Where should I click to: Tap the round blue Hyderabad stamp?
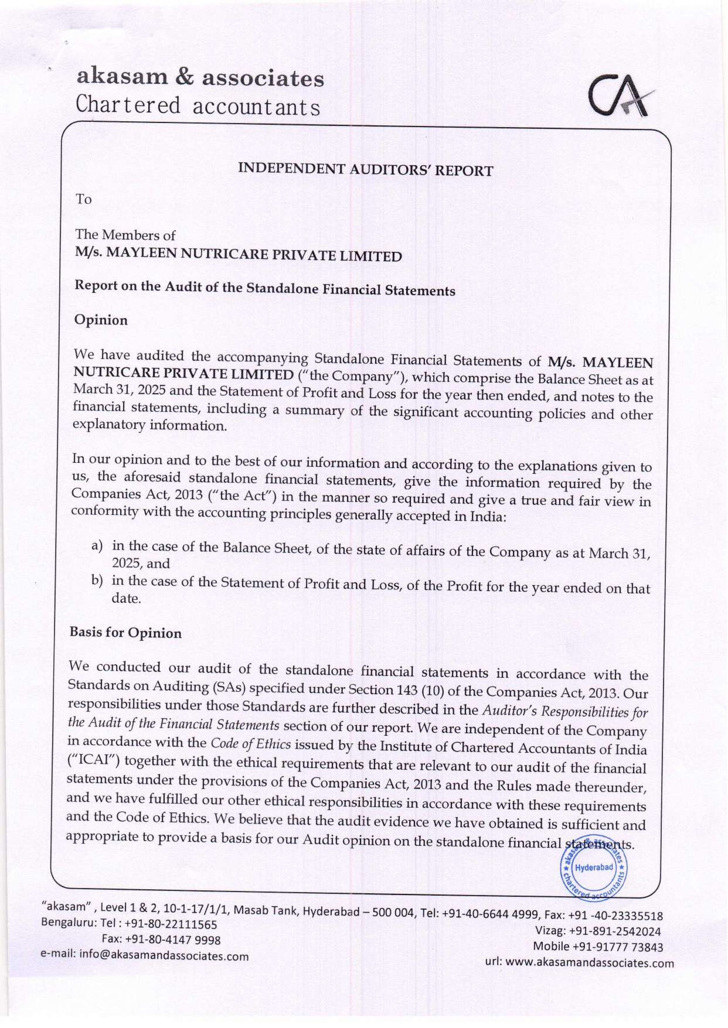click(594, 868)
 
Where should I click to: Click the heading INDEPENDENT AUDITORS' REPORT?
click(365, 170)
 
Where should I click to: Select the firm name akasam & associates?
click(200, 78)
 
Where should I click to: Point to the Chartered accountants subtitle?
click(198, 106)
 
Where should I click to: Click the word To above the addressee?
click(84, 199)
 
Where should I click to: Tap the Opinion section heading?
click(101, 320)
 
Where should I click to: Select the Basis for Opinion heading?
click(125, 633)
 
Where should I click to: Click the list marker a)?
click(97, 546)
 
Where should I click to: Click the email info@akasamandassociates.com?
click(164, 956)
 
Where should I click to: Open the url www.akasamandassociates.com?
click(589, 962)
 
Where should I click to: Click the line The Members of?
click(125, 235)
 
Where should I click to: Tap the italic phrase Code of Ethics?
click(250, 744)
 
